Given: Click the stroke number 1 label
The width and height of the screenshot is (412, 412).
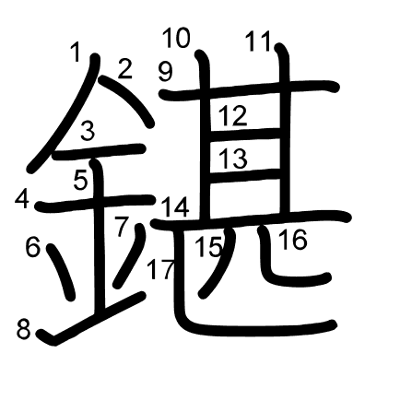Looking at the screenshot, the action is pyautogui.click(x=76, y=52).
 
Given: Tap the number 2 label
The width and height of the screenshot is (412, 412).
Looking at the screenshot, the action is pyautogui.click(x=124, y=69).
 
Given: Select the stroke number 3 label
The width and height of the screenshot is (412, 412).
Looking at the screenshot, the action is pyautogui.click(x=88, y=131).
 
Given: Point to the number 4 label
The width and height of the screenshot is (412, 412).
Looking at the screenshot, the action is pyautogui.click(x=22, y=200).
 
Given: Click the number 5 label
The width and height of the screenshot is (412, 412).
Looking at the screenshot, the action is pyautogui.click(x=81, y=180).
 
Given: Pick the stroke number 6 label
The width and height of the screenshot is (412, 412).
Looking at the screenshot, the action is pyautogui.click(x=33, y=248).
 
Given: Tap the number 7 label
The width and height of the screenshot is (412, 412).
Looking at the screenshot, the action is pyautogui.click(x=121, y=227).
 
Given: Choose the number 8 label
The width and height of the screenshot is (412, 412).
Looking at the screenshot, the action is pyautogui.click(x=23, y=330).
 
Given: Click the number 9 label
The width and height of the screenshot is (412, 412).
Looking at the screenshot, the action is pyautogui.click(x=166, y=72).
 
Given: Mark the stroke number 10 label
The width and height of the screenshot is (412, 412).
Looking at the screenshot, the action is pyautogui.click(x=176, y=38).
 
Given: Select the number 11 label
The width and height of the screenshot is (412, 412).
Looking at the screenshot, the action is pyautogui.click(x=258, y=41).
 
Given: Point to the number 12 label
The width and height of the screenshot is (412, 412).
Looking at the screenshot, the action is pyautogui.click(x=233, y=116).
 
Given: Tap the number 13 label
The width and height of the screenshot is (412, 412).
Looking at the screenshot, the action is pyautogui.click(x=233, y=159).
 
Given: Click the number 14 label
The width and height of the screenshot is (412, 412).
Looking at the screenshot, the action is pyautogui.click(x=175, y=207).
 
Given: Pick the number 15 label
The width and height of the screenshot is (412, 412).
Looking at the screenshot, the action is pyautogui.click(x=208, y=247).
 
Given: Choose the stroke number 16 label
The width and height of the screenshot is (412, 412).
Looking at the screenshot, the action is pyautogui.click(x=293, y=240).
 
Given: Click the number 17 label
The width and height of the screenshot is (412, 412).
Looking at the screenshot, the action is pyautogui.click(x=160, y=269).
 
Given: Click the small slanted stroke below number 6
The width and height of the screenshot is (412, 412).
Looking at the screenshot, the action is pyautogui.click(x=61, y=272).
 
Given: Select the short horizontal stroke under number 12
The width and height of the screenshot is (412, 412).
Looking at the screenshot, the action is pyautogui.click(x=245, y=134).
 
